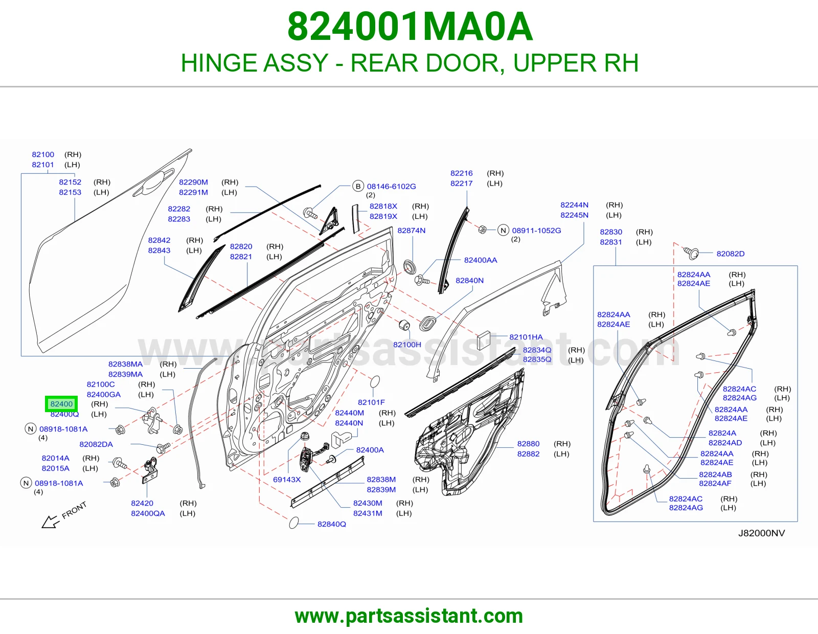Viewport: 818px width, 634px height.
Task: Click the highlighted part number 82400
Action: point(61,404)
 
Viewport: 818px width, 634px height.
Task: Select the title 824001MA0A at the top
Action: point(410,27)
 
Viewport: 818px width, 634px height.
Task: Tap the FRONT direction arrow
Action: point(51,522)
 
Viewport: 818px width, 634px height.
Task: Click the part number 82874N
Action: point(412,231)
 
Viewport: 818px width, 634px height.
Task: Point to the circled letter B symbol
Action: point(358,186)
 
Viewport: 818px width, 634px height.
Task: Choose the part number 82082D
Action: point(731,254)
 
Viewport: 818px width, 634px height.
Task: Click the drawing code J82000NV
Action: point(762,533)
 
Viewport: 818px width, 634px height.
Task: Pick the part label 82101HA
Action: point(526,337)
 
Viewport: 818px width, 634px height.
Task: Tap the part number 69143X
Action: point(287,479)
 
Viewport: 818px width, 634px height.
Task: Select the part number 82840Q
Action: point(332,524)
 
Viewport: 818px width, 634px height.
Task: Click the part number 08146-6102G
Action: point(392,186)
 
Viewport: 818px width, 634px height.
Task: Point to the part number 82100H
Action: point(407,345)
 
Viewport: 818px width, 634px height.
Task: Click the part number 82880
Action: point(529,444)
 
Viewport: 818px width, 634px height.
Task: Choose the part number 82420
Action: point(142,503)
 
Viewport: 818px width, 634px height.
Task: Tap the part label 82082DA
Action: point(96,444)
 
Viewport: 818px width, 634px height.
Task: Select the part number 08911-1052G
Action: point(536,231)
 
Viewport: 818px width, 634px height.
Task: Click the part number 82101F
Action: point(372,402)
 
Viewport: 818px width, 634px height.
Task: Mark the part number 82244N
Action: point(575,205)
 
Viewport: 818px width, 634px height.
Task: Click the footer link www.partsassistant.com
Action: point(409,616)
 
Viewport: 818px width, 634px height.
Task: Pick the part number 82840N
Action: point(470,281)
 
